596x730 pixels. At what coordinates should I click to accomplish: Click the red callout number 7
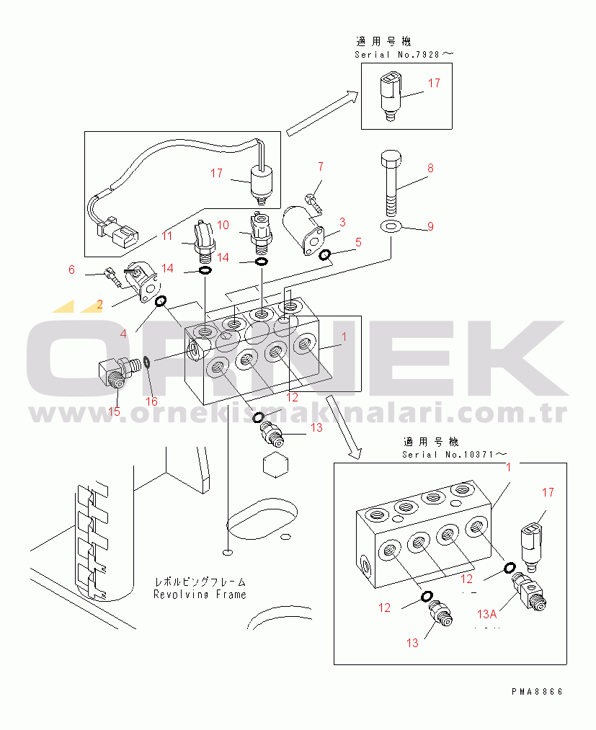coord(321,166)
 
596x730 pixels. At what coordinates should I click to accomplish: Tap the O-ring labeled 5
coord(324,254)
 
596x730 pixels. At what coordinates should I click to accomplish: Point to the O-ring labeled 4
coord(160,301)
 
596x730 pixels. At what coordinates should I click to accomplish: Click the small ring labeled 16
coord(146,361)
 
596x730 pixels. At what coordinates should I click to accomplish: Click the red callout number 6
coord(71,270)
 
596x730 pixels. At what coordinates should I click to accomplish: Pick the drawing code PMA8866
coord(538,691)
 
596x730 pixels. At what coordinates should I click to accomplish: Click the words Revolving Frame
coord(200,595)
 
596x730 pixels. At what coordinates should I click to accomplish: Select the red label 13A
coord(487,614)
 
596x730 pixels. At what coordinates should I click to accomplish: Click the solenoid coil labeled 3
coord(303,229)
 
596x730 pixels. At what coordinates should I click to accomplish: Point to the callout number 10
coord(223,225)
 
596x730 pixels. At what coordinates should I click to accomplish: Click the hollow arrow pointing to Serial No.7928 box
coord(322,114)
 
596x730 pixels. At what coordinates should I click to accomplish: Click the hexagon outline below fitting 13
coord(275,464)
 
